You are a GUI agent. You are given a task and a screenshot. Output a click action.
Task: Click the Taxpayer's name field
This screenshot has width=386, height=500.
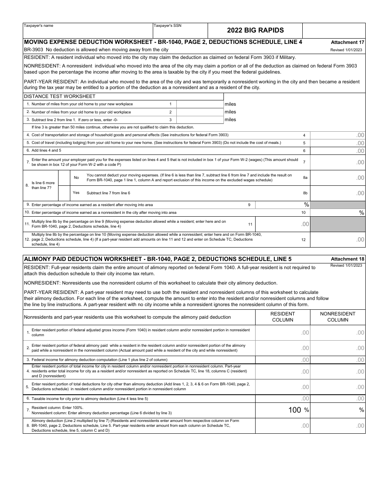click(x=87, y=31)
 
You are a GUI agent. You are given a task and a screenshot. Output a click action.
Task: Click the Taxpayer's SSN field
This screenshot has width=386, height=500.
click(x=180, y=31)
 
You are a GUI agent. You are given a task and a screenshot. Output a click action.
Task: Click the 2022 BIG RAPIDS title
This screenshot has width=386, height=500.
click(x=255, y=30)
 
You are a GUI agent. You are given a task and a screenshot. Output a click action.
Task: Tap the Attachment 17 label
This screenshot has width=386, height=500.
click(x=347, y=42)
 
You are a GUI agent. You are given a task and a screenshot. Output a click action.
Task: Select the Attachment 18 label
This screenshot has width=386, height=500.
click(x=347, y=259)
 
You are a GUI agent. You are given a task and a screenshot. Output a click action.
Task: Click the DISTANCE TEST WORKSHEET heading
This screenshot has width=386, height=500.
click(x=60, y=96)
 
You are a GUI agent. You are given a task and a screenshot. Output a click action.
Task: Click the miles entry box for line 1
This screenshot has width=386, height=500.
click(x=200, y=104)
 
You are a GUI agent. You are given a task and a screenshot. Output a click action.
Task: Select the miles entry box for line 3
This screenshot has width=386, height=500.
click(x=200, y=120)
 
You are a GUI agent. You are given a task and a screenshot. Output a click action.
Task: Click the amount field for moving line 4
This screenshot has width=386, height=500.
click(x=337, y=135)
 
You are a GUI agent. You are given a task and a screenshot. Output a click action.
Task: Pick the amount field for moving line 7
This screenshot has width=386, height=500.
click(x=337, y=162)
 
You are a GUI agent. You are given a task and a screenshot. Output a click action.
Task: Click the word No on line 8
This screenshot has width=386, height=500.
click(x=76, y=178)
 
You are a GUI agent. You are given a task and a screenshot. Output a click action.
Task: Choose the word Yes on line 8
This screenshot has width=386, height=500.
click(x=76, y=193)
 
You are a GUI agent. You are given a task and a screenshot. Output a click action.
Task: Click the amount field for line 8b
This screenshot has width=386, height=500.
click(x=337, y=193)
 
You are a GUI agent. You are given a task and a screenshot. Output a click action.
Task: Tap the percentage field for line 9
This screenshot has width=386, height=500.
click(x=282, y=205)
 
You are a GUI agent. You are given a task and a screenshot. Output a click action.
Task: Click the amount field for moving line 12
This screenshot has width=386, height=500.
click(x=337, y=239)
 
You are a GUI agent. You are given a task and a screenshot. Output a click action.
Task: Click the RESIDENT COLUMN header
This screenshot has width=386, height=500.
click(x=282, y=317)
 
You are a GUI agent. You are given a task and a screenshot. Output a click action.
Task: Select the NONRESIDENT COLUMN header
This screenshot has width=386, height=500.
click(x=338, y=317)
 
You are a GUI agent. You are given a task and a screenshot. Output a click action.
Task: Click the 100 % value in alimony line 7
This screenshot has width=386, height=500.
click(x=298, y=410)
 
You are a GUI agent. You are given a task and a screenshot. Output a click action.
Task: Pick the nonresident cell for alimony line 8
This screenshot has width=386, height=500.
click(x=338, y=426)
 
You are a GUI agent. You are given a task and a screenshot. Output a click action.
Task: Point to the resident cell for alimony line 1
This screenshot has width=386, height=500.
click(x=282, y=333)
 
